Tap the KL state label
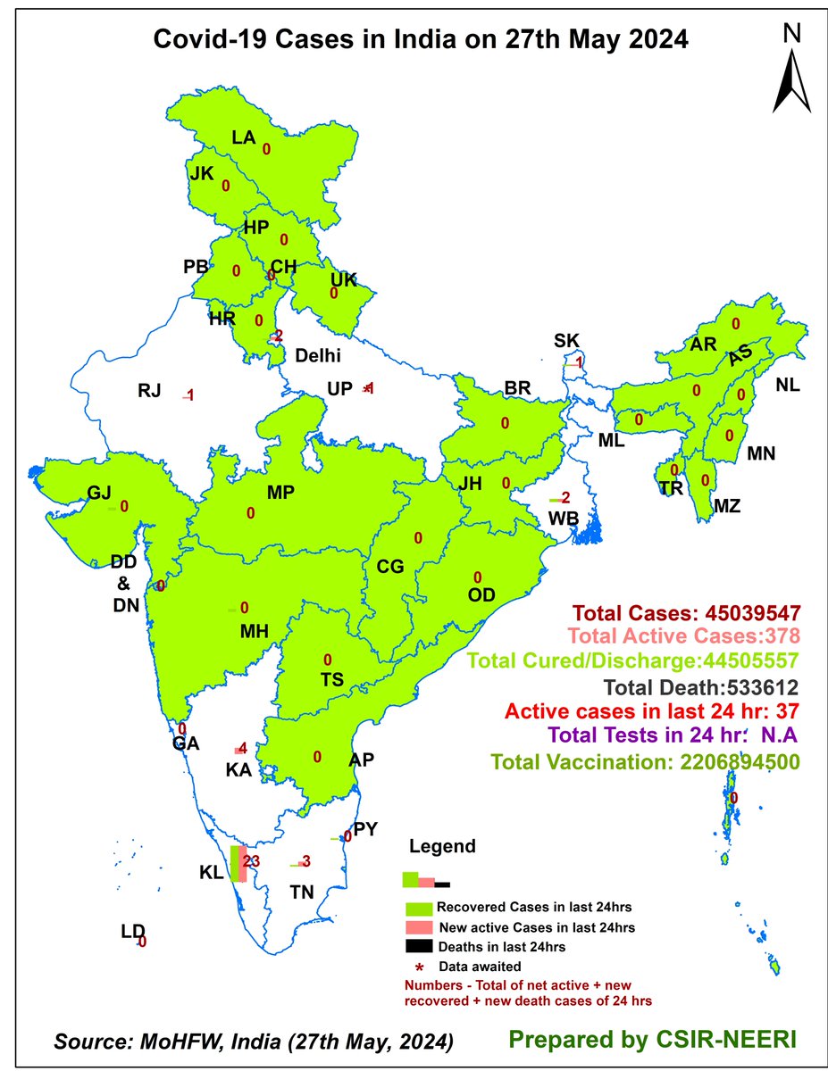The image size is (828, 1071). [211, 872]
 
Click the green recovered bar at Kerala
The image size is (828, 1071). [235, 864]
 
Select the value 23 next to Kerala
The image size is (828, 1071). [251, 861]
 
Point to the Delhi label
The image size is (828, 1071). [319, 355]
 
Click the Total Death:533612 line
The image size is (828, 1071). [701, 688]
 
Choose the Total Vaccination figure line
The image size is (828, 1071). [643, 762]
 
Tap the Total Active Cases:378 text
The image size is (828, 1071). [682, 637]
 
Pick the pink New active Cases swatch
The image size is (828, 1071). [422, 927]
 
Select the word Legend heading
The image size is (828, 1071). [442, 846]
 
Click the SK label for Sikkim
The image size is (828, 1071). [566, 340]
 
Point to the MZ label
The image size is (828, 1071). [727, 506]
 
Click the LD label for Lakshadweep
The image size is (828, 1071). [133, 932]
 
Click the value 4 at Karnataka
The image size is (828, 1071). [242, 747]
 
